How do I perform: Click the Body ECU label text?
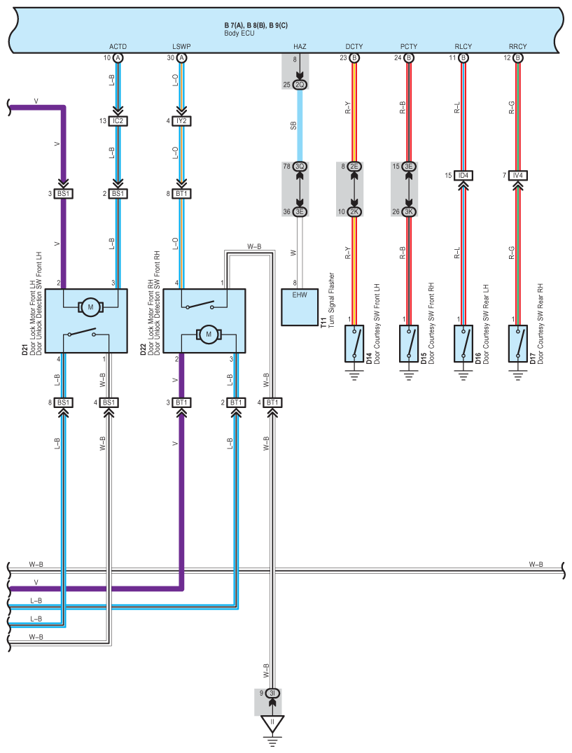pos(239,34)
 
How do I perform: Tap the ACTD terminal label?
pos(118,47)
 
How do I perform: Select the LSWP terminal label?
pos(181,47)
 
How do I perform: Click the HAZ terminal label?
pos(300,47)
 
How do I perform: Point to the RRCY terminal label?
pos(517,47)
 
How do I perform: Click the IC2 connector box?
pos(118,121)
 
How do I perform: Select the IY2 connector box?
pos(181,121)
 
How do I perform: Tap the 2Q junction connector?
pos(300,85)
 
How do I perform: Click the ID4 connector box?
pos(463,175)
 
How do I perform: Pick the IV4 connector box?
pos(517,175)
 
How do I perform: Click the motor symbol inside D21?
pos(90,307)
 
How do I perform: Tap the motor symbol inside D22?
pos(209,335)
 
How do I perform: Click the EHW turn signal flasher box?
pos(299,307)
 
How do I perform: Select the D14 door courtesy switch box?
pos(354,344)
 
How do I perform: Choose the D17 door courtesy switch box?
pos(517,344)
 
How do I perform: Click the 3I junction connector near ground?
pos(272,693)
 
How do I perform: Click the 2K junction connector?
pos(354,212)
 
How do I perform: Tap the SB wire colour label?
pos(293,125)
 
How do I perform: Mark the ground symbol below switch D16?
pos(463,375)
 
